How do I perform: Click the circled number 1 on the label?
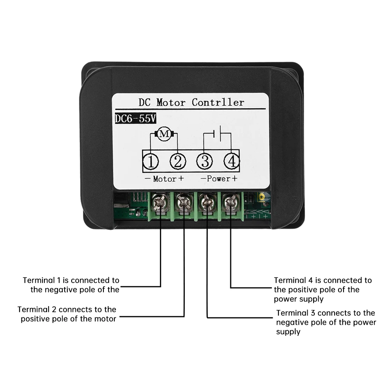pos(151,161)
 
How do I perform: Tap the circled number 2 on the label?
pos(177,161)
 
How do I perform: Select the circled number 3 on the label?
pos(205,161)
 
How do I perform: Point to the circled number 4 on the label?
pos(231,161)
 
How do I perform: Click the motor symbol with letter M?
pos(165,134)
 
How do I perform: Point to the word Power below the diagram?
pos(219,179)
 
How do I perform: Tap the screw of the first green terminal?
pos(160,202)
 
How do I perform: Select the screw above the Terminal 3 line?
pos(207,203)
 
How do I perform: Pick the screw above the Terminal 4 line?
pos(231,202)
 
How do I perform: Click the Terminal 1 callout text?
pos(71,285)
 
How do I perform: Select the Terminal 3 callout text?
pos(326,322)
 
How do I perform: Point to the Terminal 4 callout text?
pos(322,289)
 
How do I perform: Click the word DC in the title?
pos(145,102)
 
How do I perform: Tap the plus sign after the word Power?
pos(234,179)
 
